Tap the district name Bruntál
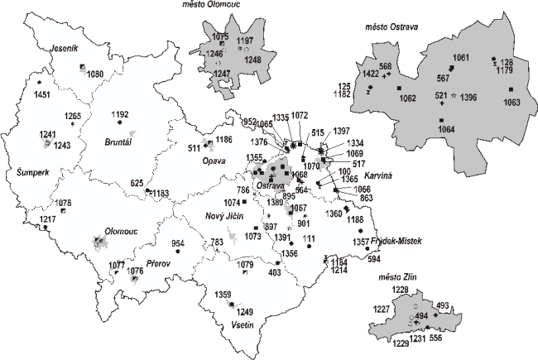click(x=118, y=142)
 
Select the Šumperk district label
click(x=24, y=174)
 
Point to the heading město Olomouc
click(x=219, y=6)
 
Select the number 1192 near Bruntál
click(x=120, y=114)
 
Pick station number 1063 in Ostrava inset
click(x=512, y=103)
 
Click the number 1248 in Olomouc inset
click(x=253, y=60)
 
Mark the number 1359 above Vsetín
click(x=223, y=295)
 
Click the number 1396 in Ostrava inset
click(x=468, y=98)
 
